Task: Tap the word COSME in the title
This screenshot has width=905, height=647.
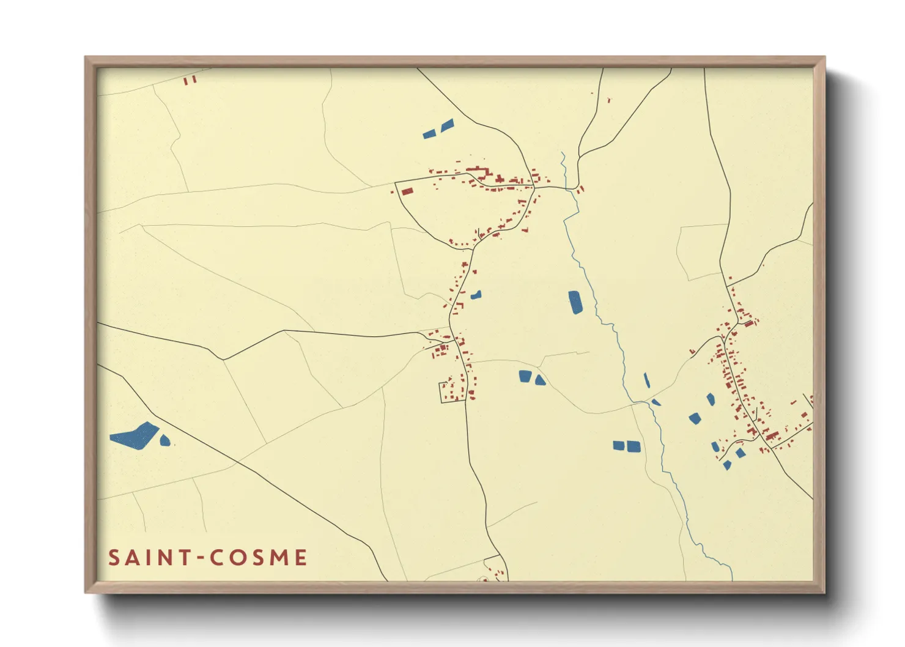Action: click(x=258, y=558)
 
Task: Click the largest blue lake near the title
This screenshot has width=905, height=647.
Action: click(x=135, y=435)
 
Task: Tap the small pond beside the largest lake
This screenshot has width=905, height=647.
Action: click(x=164, y=440)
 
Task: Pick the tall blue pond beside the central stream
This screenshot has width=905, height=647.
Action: click(x=575, y=302)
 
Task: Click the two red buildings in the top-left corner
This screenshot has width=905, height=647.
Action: click(x=190, y=79)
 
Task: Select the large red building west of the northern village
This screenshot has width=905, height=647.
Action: click(x=407, y=191)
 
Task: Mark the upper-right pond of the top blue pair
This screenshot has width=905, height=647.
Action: click(x=447, y=125)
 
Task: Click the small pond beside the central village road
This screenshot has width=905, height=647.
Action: click(x=476, y=295)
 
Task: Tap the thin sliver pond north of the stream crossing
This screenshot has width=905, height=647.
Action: click(x=646, y=380)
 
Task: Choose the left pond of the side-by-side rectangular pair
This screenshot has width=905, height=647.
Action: click(x=619, y=445)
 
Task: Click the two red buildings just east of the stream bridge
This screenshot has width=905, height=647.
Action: click(x=580, y=189)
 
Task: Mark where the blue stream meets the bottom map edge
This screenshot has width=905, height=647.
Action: click(x=731, y=579)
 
